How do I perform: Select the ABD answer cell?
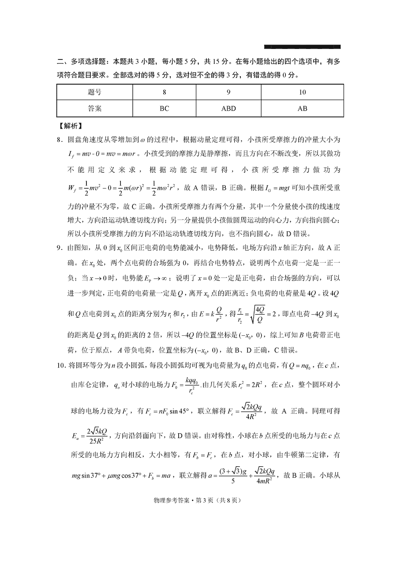(x=228, y=108)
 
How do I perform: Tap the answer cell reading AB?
(x=302, y=108)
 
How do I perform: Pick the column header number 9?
(x=228, y=93)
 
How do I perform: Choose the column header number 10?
(x=302, y=93)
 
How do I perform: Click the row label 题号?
(x=95, y=93)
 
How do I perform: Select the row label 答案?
(x=95, y=108)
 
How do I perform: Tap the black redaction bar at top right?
(x=302, y=46)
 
